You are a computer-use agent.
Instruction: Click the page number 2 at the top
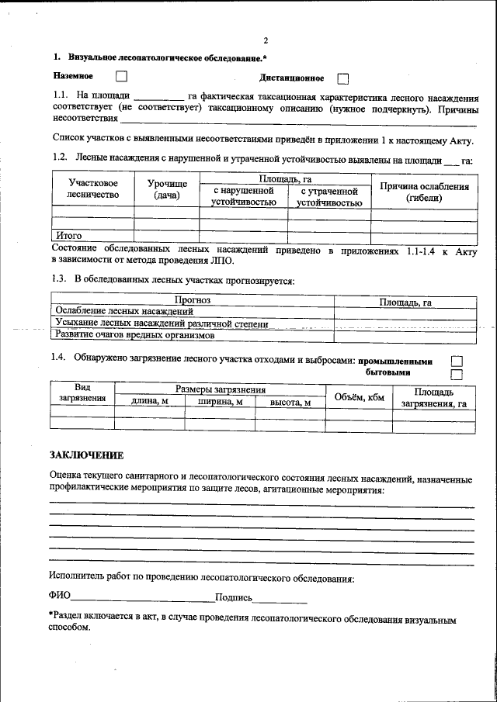265,41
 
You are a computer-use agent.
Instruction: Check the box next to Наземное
120,76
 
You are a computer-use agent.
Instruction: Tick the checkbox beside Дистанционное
343,78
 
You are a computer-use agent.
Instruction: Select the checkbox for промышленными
457,361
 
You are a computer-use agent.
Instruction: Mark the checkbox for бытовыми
457,374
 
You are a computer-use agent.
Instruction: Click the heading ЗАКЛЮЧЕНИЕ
86,455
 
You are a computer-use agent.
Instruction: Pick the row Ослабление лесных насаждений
123,312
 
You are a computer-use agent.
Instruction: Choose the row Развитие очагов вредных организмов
134,335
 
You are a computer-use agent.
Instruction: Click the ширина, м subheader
221,402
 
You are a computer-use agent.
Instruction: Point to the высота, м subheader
290,402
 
